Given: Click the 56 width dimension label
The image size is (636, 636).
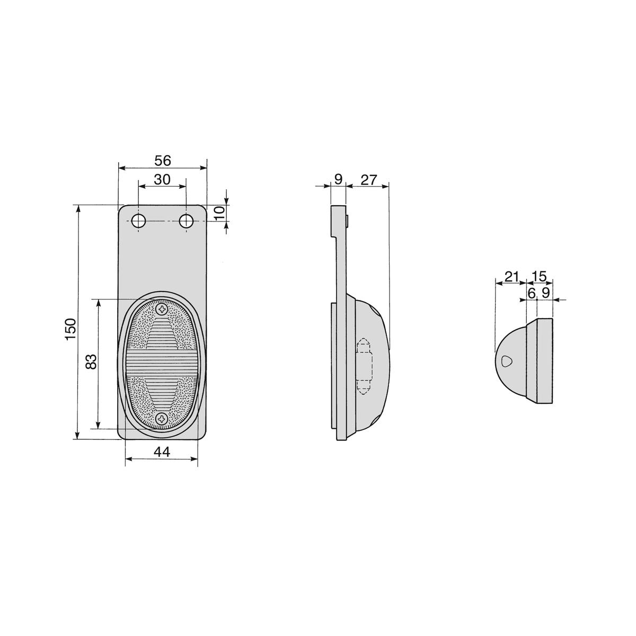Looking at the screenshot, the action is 163,161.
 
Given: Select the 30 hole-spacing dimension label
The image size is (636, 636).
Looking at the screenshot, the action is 162,180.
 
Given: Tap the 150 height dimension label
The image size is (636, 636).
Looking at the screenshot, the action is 70,329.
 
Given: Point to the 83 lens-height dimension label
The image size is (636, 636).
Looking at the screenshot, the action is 91,361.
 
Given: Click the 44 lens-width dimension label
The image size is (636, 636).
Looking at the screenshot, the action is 162,452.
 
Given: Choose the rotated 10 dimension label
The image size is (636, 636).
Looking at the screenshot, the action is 219,213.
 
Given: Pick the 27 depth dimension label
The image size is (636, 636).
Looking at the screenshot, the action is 368,180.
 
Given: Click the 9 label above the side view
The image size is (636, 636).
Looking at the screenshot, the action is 338,179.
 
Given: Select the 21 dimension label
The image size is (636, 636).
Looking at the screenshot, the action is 511,276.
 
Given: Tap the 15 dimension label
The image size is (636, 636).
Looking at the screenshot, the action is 540,276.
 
